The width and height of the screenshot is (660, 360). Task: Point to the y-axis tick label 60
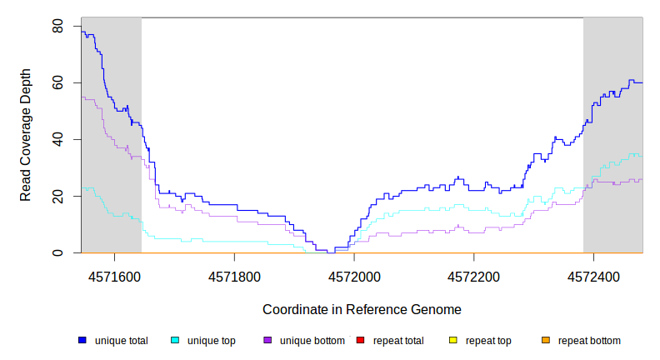(x=57, y=83)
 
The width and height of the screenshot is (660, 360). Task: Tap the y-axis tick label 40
(x=57, y=140)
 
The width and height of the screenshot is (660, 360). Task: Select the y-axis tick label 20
(x=57, y=196)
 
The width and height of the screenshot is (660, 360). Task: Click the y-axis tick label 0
(x=57, y=252)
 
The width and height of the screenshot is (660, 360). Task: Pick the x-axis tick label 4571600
(x=115, y=274)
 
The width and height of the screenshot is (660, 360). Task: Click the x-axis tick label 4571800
(x=235, y=274)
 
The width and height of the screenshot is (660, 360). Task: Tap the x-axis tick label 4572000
(x=355, y=274)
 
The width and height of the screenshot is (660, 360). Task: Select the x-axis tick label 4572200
(x=474, y=274)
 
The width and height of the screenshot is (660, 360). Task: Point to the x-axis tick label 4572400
(x=593, y=274)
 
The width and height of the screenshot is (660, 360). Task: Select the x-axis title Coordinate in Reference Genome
(x=362, y=309)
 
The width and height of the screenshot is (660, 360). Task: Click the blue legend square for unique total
(x=82, y=341)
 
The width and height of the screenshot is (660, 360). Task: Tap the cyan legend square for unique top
(x=175, y=341)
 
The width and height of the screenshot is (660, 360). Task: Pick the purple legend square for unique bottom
(x=267, y=341)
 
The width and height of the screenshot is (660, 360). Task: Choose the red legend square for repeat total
(x=360, y=341)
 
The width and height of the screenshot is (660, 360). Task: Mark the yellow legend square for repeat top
(x=452, y=341)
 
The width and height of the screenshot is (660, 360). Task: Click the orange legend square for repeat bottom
(x=545, y=341)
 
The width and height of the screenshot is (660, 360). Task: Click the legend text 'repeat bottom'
(x=589, y=341)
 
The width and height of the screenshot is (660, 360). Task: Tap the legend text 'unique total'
(x=121, y=341)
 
